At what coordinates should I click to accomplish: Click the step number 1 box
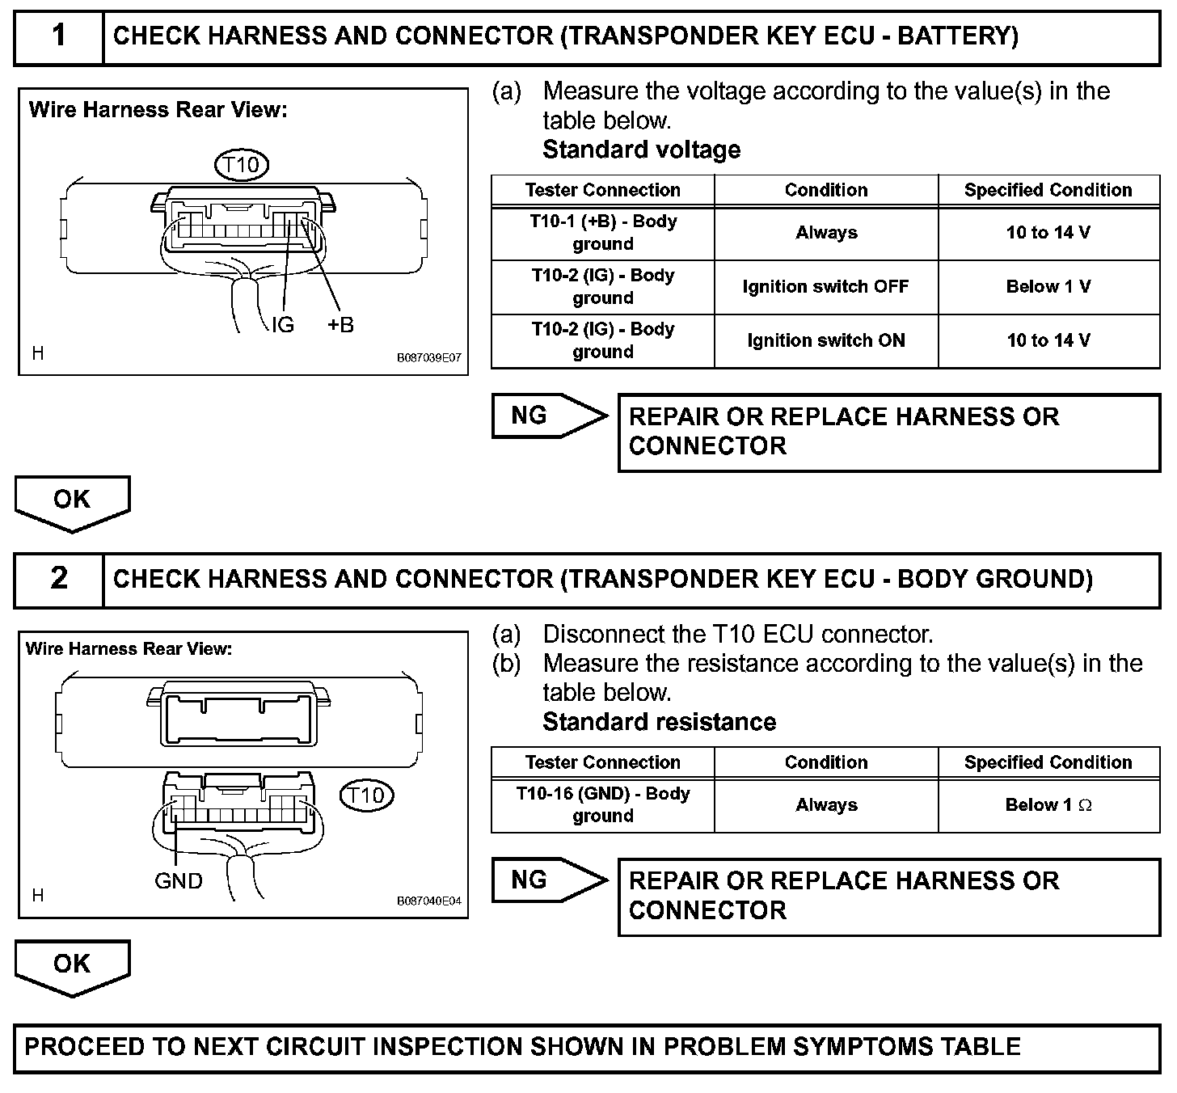pos(59,37)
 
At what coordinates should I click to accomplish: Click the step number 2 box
pos(59,580)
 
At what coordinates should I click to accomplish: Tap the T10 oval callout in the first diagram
pos(241,166)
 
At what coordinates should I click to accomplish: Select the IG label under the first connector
pos(282,325)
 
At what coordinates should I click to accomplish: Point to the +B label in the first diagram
pos(340,325)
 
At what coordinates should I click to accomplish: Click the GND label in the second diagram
pos(178,880)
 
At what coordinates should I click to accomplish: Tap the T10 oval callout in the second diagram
pos(366,795)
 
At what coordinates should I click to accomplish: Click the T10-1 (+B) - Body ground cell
pos(603,233)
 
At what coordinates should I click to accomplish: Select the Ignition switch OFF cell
pos(825,287)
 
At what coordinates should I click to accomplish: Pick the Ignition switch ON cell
pos(825,340)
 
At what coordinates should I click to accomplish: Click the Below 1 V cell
pos(1048,287)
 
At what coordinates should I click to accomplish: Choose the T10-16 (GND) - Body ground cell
pos(603,805)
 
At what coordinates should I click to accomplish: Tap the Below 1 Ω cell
pos(1048,805)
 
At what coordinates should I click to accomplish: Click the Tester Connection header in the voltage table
pos(603,190)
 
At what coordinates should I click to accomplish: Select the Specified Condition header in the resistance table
pos(1048,762)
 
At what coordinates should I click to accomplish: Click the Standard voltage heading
pos(641,150)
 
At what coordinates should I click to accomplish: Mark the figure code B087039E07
pos(428,357)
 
